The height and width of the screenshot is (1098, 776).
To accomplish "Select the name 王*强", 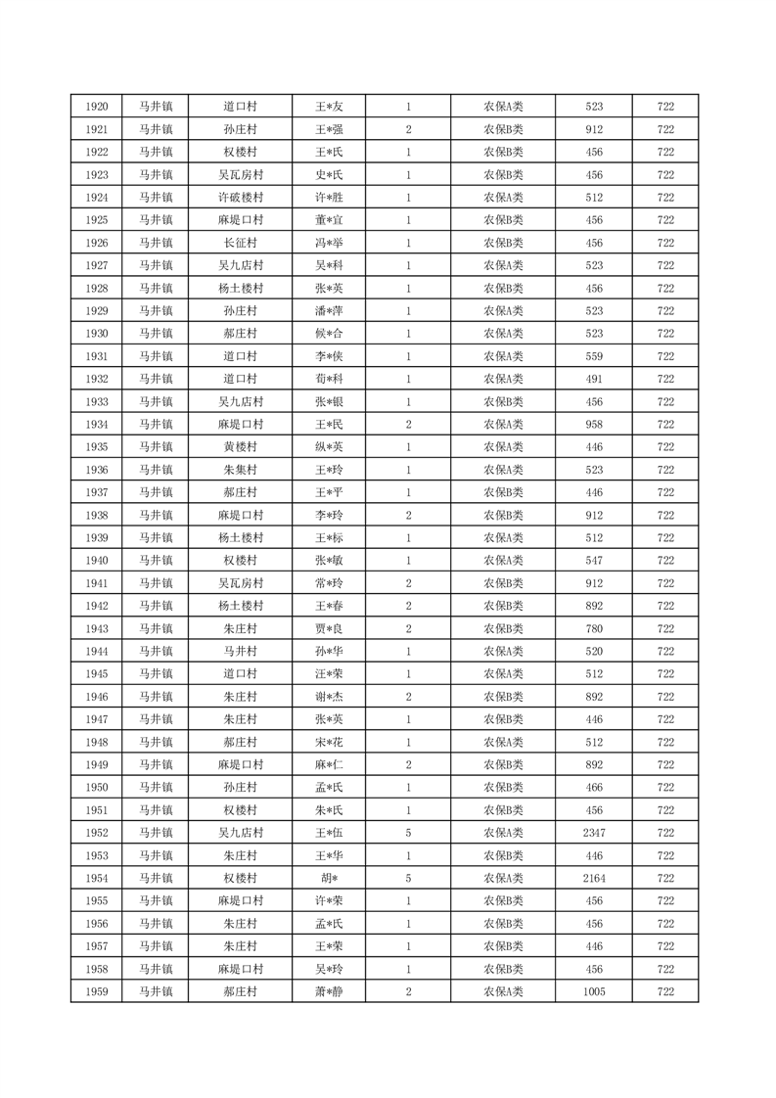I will click(329, 129).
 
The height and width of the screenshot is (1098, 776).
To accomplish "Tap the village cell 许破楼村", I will click(241, 198).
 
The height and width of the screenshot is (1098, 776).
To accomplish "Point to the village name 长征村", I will click(241, 243).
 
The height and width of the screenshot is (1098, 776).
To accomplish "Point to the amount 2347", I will click(594, 833).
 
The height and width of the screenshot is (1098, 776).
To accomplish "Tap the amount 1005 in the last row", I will click(594, 992).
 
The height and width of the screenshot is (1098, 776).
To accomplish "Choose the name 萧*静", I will click(329, 992).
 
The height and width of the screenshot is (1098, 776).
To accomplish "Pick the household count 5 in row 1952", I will click(408, 833).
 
